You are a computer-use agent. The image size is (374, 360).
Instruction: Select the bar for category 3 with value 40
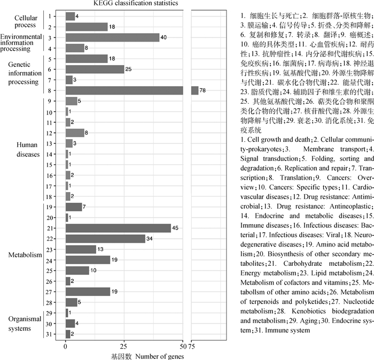tap(112, 37)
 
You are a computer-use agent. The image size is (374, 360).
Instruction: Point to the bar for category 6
tap(95, 69)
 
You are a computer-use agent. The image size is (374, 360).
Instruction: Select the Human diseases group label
tap(28, 150)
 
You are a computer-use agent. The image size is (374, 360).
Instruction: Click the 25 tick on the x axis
tap(124, 346)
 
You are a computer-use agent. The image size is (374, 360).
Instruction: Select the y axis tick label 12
tap(49, 132)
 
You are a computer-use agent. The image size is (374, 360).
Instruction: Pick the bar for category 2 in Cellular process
tap(87, 27)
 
